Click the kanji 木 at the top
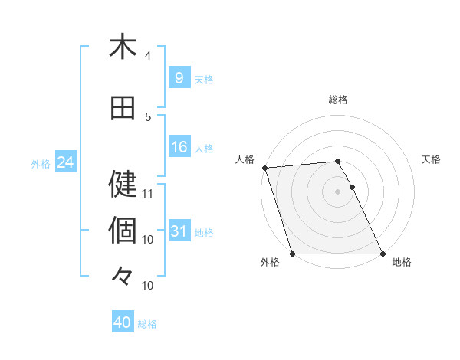point(123,47)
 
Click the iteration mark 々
point(123,274)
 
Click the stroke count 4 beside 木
point(148,56)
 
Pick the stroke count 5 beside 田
point(148,117)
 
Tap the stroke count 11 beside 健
point(148,193)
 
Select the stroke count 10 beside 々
point(148,285)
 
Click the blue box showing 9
point(179,77)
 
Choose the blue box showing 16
point(179,147)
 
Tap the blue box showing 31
point(179,231)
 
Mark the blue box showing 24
point(65,162)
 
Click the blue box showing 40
point(123,322)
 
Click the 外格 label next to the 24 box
point(41,163)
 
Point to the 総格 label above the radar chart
point(338,100)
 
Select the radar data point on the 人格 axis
point(264,168)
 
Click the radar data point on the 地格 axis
point(383,254)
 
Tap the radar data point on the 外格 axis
point(292,254)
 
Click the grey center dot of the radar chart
point(337,191)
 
